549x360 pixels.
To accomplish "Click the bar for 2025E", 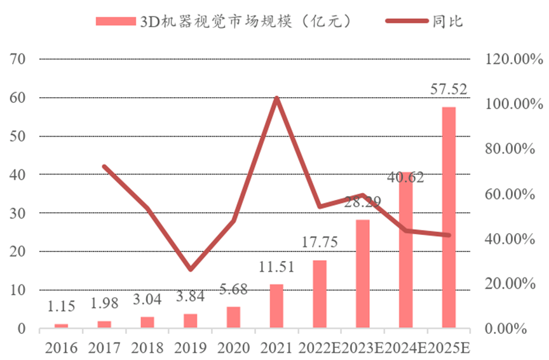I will (449, 218).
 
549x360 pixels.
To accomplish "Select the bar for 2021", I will (276, 306).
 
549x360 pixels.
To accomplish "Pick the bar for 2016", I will (61, 326).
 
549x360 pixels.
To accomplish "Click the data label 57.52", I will (449, 90).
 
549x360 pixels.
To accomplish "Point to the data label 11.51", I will (276, 267).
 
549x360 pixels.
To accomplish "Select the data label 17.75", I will (320, 243).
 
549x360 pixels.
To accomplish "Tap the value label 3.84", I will (190, 296).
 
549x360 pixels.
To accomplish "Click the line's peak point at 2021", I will (276, 98).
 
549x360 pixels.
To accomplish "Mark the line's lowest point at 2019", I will (190, 269).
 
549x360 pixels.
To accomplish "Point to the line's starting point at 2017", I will (104, 166).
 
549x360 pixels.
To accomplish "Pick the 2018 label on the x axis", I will (147, 347).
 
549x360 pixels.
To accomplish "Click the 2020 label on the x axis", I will (233, 347).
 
